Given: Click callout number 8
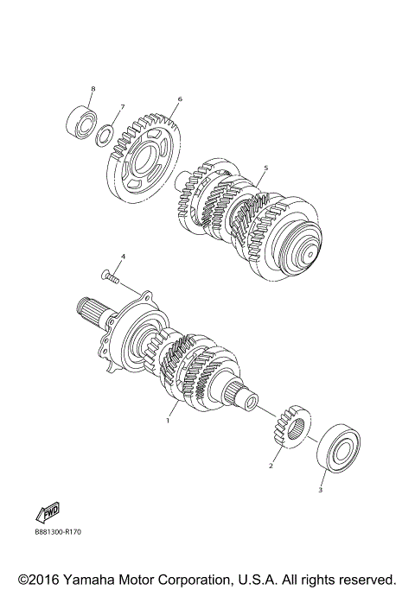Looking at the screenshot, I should point(93,89).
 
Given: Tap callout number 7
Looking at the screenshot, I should point(122,106).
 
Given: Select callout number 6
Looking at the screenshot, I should point(180,98).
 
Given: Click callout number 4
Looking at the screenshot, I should point(123,257).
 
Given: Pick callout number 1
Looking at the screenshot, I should point(169,421).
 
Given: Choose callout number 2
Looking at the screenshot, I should point(271,466).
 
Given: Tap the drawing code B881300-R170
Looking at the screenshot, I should point(64,534).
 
